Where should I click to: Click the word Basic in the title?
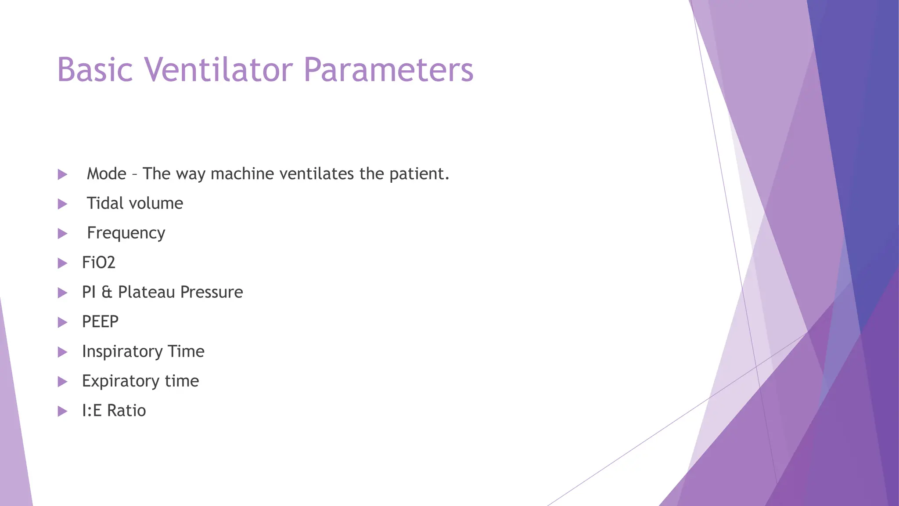pyautogui.click(x=95, y=70)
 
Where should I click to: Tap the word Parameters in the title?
pyautogui.click(x=388, y=70)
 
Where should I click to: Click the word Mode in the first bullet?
pyautogui.click(x=107, y=174)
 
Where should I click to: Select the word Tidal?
pyautogui.click(x=105, y=203)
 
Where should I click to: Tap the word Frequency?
pyautogui.click(x=126, y=233)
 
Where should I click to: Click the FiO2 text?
pyautogui.click(x=99, y=263)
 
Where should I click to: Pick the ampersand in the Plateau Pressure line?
pyautogui.click(x=107, y=293)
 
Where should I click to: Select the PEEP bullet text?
pyautogui.click(x=100, y=322)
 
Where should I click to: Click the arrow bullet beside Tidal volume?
pyautogui.click(x=62, y=204)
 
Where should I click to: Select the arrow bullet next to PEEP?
pyautogui.click(x=62, y=322)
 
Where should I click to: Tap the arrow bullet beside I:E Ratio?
pyautogui.click(x=62, y=411)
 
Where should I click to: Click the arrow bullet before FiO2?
pyautogui.click(x=62, y=263)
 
